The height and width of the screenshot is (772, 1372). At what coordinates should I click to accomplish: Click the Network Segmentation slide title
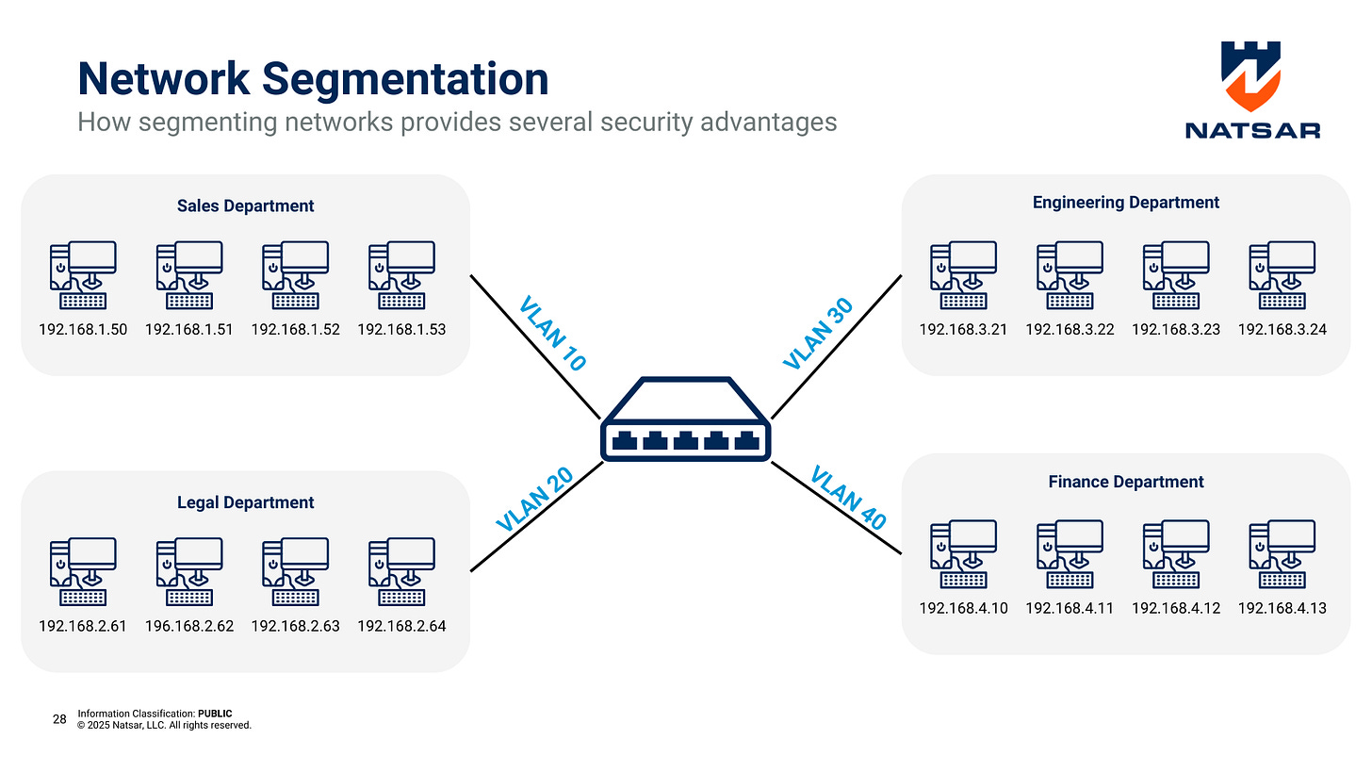click(x=313, y=78)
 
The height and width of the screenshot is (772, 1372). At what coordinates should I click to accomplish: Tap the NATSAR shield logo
click(x=1250, y=75)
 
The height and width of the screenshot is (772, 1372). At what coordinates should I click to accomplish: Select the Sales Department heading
click(x=245, y=205)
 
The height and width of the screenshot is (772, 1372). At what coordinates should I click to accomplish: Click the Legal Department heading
click(x=245, y=502)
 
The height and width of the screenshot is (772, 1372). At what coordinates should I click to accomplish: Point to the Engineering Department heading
click(x=1125, y=202)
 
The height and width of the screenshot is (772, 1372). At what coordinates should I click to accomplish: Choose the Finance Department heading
click(x=1125, y=482)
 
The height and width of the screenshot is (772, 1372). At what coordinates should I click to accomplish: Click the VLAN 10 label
click(x=553, y=333)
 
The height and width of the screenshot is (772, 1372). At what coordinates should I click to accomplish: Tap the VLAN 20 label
click(x=534, y=500)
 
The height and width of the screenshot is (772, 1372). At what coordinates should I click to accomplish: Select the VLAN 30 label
click(x=818, y=333)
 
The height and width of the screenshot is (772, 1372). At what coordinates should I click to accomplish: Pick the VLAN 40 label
click(x=848, y=497)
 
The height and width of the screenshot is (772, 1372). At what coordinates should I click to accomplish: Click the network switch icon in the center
click(x=685, y=420)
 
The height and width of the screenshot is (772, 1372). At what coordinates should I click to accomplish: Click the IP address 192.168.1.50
click(x=83, y=330)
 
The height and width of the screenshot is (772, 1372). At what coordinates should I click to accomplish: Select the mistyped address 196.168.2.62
click(x=189, y=626)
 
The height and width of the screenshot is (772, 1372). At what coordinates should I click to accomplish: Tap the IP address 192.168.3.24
click(x=1282, y=330)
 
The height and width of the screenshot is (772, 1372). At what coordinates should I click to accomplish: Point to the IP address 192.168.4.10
click(x=963, y=608)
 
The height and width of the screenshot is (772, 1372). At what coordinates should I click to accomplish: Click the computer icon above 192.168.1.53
click(x=401, y=274)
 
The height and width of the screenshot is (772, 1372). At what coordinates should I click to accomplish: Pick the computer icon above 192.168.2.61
click(x=83, y=571)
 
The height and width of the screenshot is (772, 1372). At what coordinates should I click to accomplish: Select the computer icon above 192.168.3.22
click(x=1070, y=274)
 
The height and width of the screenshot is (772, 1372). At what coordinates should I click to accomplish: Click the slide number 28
click(x=59, y=719)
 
